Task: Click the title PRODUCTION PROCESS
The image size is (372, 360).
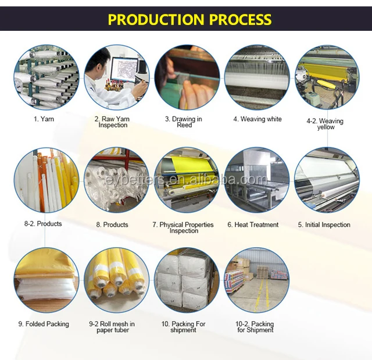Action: pyautogui.click(x=190, y=19)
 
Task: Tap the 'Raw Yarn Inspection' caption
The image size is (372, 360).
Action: pyautogui.click(x=114, y=122)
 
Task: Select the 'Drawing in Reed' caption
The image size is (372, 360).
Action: pyautogui.click(x=184, y=122)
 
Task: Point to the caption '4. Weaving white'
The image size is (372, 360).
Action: pyautogui.click(x=257, y=119)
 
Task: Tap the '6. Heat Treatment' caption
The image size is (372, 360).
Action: pyautogui.click(x=256, y=224)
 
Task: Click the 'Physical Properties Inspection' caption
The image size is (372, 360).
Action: pyautogui.click(x=183, y=227)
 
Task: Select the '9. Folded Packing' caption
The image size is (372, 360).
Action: pyautogui.click(x=44, y=324)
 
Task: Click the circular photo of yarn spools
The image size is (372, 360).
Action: pyautogui.click(x=46, y=78)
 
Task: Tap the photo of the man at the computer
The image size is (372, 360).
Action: pyautogui.click(x=116, y=78)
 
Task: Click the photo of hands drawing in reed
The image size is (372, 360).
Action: pyautogui.click(x=187, y=78)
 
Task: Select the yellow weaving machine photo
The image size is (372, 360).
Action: pyautogui.click(x=326, y=78)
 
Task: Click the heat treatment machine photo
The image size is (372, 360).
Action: pyautogui.click(x=256, y=179)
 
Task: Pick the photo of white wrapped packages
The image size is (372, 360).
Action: pyautogui.click(x=187, y=280)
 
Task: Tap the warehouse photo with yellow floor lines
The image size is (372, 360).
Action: pyautogui.click(x=256, y=280)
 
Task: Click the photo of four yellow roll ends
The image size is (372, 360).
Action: pyautogui.click(x=116, y=280)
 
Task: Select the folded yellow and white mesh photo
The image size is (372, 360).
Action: pyautogui.click(x=46, y=280)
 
